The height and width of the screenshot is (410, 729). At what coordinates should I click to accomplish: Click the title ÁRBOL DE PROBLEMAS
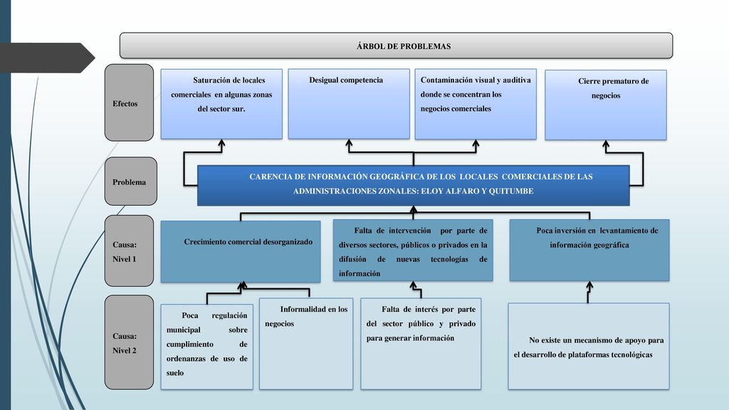tap(404, 46)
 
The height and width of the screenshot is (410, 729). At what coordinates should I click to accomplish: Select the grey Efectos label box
tap(129, 102)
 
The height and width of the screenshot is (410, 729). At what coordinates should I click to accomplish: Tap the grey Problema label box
tap(131, 182)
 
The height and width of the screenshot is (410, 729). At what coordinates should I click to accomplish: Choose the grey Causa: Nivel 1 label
tap(129, 251)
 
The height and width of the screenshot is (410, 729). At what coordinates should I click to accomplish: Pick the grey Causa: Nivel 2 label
tap(129, 342)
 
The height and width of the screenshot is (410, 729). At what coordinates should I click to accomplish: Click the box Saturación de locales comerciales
tap(221, 104)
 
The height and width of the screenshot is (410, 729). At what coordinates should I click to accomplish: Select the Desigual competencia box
tap(349, 104)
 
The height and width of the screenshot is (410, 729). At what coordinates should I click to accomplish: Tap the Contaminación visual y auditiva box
tap(476, 104)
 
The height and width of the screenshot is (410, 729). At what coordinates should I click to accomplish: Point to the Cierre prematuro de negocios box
tap(606, 105)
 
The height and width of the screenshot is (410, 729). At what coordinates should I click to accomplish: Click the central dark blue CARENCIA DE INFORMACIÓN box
tap(414, 186)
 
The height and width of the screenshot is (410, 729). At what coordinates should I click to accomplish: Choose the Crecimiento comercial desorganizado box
tap(241, 251)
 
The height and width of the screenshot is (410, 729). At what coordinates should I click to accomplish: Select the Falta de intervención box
tap(413, 250)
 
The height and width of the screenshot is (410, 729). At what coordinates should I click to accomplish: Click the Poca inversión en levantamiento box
tap(589, 250)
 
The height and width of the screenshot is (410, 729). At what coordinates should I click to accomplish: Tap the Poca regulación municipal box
tap(207, 347)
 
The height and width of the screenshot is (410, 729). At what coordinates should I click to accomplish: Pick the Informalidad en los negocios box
tap(306, 344)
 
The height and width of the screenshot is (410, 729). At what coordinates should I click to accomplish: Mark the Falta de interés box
tap(421, 344)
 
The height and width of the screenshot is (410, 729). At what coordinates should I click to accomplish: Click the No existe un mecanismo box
tap(589, 347)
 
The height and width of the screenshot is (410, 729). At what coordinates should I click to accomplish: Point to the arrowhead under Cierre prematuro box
tap(606, 144)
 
